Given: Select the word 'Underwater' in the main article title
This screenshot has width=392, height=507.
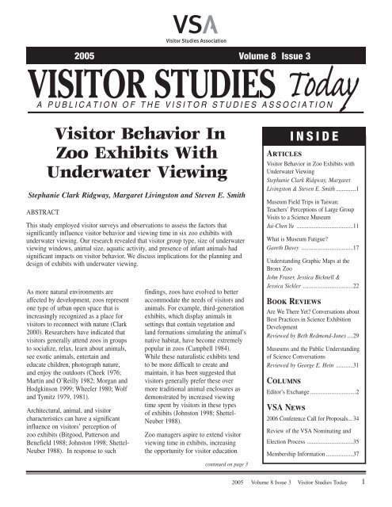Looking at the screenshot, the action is (x=96, y=168).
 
